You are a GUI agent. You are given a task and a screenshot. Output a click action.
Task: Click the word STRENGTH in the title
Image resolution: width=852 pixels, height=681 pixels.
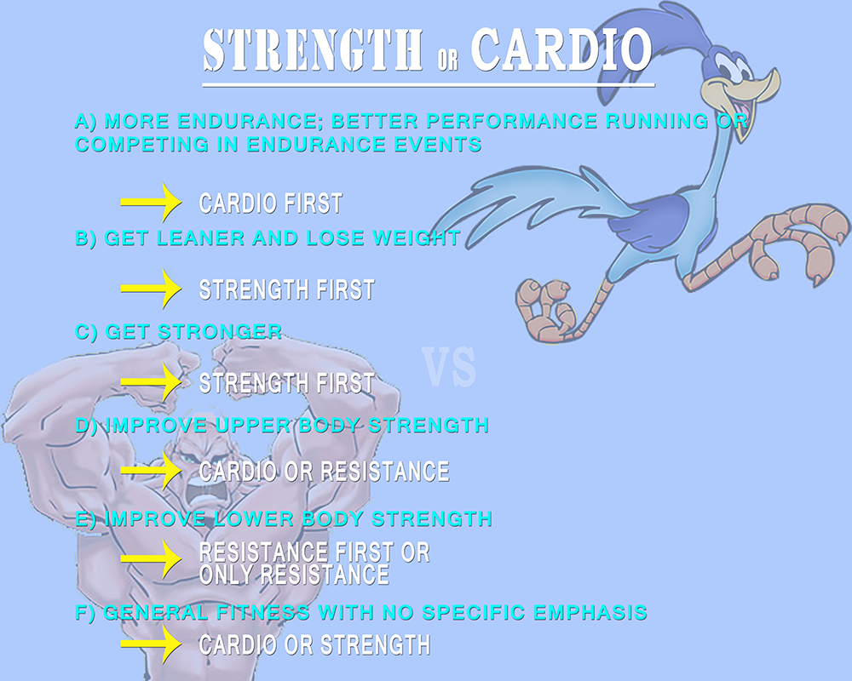point(313,50)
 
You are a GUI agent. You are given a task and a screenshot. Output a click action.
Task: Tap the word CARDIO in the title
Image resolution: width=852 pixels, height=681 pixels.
point(561,49)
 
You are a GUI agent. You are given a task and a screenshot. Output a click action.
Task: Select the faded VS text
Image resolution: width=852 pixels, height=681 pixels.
point(449,369)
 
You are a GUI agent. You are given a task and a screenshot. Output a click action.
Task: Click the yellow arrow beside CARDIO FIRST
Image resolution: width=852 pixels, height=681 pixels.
point(151,202)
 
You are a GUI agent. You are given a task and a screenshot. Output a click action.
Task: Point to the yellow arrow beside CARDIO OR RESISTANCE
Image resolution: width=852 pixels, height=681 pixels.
point(151,470)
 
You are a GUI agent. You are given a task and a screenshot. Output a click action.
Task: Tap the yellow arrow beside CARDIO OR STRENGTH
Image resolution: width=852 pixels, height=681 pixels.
point(151,644)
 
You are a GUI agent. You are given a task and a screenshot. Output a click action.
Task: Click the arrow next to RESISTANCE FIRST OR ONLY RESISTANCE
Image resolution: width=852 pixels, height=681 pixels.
point(151,558)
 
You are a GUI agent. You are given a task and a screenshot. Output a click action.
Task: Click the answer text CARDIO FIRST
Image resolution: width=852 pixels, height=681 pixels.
point(271,203)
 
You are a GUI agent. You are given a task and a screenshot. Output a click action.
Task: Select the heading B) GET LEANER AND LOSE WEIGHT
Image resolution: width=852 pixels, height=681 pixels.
point(268,238)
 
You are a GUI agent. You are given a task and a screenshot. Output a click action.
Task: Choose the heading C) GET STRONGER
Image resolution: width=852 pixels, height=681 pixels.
point(179,332)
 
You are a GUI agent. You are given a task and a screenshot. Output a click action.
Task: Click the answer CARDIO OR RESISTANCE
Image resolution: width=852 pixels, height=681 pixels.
point(325,472)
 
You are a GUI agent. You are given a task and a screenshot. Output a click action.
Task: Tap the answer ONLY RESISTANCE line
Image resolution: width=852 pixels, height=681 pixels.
point(295,575)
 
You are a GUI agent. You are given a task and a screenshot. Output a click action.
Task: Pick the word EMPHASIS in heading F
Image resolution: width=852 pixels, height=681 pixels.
point(590,613)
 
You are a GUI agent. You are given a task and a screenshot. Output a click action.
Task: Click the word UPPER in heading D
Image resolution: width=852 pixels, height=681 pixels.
point(253,426)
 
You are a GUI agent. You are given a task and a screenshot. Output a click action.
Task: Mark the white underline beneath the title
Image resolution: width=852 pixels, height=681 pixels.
point(429,85)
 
